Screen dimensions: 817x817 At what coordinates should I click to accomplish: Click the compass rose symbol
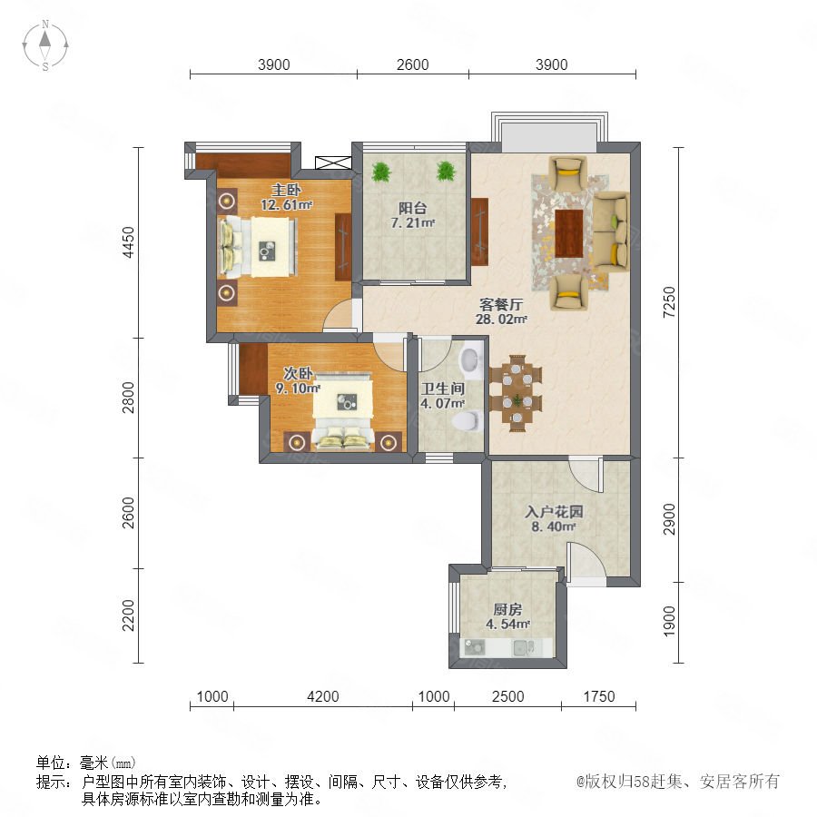pos(45,44)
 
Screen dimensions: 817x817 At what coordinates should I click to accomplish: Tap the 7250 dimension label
pos(669,301)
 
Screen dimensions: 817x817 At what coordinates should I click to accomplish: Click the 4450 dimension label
pos(128,242)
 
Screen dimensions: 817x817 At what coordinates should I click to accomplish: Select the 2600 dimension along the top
pos(413,64)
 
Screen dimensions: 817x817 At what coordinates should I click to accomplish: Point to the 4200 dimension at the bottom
pos(323,696)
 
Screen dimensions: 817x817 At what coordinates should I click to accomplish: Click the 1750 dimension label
pos(599,696)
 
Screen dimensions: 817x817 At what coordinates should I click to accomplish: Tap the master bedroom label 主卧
pos(286,190)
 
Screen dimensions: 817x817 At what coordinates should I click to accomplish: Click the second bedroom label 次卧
pos(298,373)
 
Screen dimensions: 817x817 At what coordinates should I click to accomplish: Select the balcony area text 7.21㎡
pos(413,223)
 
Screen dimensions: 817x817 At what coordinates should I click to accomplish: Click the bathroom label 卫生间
pos(443,389)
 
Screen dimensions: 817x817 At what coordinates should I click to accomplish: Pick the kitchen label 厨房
pos(507,609)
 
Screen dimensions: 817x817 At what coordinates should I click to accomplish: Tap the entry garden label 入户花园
pos(554,512)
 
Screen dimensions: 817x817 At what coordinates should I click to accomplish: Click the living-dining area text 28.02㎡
pos(501,320)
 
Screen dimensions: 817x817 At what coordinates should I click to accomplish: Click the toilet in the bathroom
pos(467,421)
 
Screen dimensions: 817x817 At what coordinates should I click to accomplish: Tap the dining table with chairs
pos(516,393)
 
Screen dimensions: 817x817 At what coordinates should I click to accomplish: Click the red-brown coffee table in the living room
pos(568,233)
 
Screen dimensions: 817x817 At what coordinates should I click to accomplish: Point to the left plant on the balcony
pos(382,172)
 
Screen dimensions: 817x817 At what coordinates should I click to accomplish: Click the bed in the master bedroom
pos(258,246)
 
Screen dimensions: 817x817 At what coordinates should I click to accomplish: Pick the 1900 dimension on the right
pos(669,621)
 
